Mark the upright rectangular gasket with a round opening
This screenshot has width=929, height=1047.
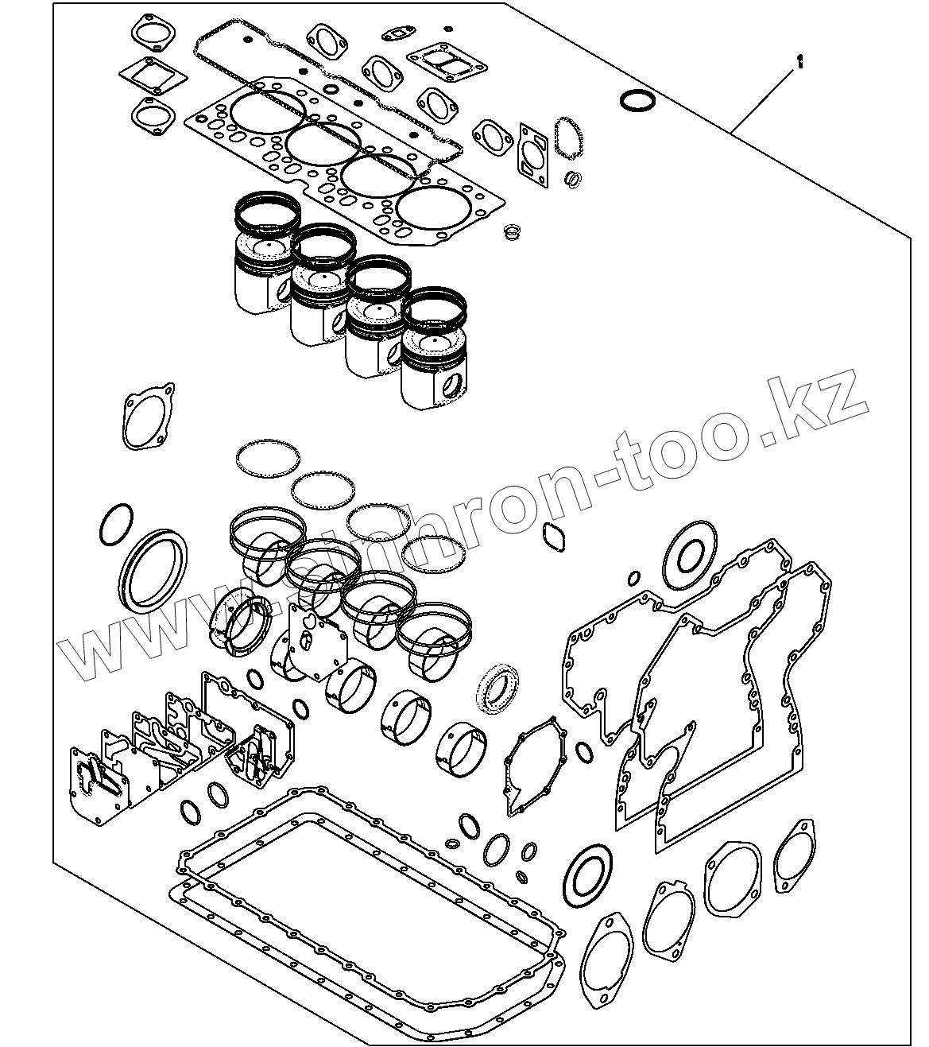[x=533, y=155]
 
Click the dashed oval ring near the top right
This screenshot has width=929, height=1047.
[x=570, y=137]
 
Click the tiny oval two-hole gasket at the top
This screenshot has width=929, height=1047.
[x=394, y=34]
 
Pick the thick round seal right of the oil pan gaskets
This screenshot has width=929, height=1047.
[x=590, y=878]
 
